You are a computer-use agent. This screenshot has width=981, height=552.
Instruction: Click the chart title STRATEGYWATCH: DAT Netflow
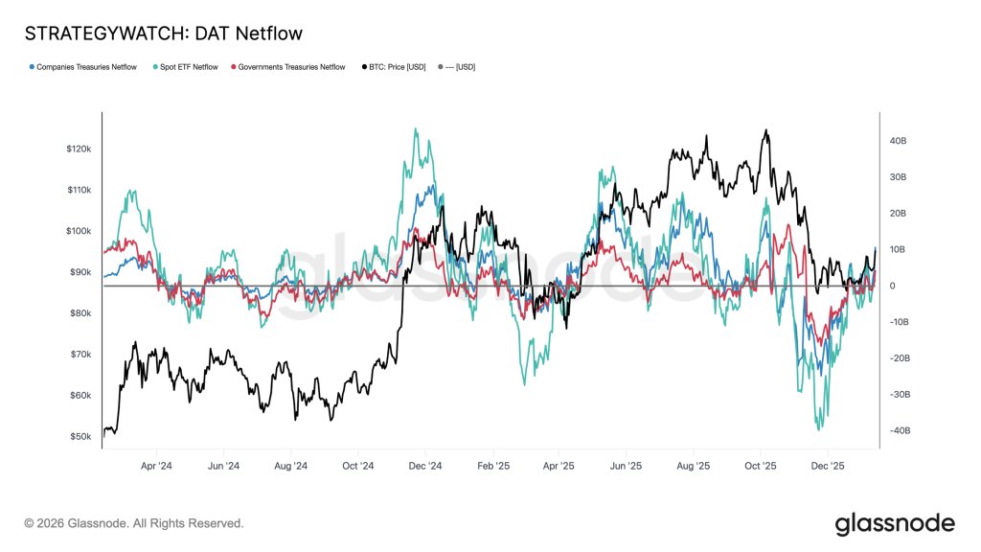tap(163, 34)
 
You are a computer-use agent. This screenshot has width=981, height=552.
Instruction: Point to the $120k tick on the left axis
tap(79, 149)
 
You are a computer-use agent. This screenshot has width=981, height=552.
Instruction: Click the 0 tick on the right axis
tap(892, 286)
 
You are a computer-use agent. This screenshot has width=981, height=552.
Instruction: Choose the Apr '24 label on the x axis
tap(156, 467)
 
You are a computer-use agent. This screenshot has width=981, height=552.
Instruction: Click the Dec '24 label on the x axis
tap(424, 467)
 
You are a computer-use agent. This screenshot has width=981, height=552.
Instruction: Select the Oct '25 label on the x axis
tap(761, 467)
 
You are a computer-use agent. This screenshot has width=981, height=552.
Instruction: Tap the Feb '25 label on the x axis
tap(492, 467)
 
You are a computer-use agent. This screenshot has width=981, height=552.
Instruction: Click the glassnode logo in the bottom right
tap(894, 523)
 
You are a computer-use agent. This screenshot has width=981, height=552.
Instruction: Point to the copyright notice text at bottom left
tap(134, 524)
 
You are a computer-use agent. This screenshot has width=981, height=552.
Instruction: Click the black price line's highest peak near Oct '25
tap(765, 130)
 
